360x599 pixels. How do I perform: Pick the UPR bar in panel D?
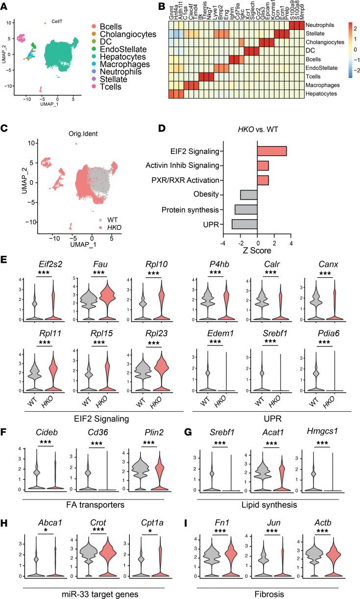click(245, 225)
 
